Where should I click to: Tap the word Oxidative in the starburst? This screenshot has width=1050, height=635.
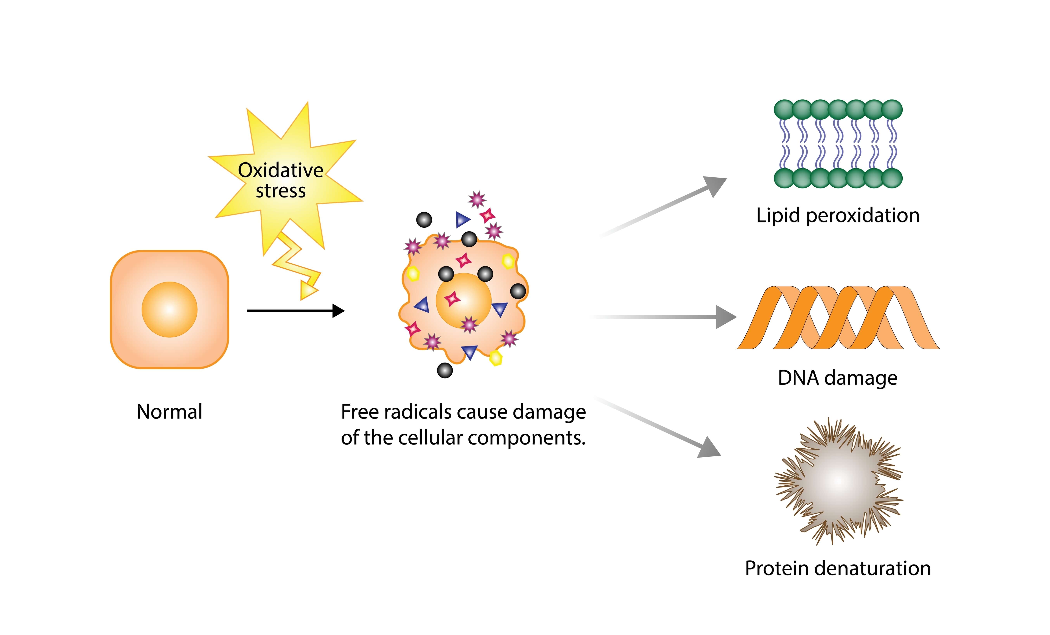[280, 170]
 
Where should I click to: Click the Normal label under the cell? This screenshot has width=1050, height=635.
[169, 412]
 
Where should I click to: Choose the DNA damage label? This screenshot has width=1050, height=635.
[837, 378]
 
